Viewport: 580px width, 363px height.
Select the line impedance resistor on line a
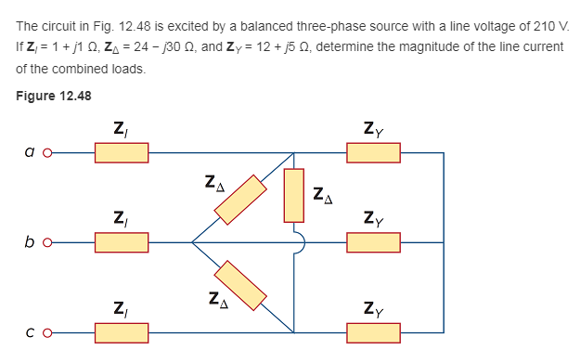pos(121,151)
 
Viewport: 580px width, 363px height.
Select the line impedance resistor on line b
pos(121,243)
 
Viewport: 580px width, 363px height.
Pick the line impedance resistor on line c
pos(121,331)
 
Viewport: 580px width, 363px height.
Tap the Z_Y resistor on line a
pos(374,151)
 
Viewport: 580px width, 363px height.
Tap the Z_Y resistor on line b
pos(374,243)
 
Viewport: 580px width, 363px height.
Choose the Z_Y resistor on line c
pos(374,331)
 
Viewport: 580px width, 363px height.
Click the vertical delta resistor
pos(294,195)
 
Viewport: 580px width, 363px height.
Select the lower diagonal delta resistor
pos(240,286)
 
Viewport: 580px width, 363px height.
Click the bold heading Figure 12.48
pos(54,95)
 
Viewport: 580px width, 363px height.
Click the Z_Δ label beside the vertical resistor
pos(323,195)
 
